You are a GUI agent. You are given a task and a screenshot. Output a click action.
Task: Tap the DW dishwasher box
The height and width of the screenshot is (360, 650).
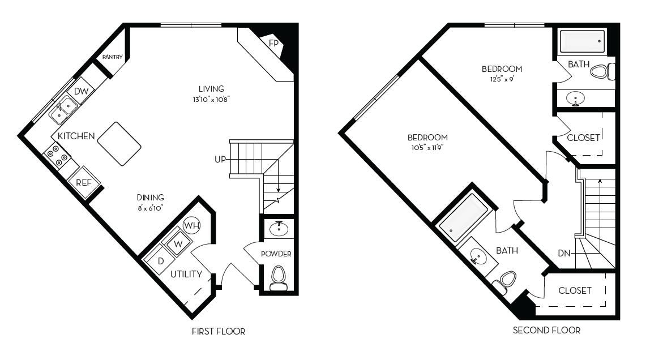81,92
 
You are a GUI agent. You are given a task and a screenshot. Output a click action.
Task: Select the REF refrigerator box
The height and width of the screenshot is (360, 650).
84,182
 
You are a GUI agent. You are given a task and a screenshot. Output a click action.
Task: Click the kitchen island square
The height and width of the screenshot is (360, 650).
119,144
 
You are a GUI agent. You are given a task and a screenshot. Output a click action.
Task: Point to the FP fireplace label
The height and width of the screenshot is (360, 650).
273,44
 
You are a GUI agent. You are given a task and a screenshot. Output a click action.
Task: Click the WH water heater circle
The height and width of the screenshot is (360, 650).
194,226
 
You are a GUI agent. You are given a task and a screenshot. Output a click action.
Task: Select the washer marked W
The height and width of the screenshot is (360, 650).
177,243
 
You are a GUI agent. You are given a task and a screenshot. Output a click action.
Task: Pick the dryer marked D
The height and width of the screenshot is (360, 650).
160,261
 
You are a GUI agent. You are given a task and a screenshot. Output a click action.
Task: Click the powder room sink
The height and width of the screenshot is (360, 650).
278,229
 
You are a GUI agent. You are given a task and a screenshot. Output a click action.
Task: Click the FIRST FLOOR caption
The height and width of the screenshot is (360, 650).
219,332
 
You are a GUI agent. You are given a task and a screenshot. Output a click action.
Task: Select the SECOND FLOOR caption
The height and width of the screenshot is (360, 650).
546,330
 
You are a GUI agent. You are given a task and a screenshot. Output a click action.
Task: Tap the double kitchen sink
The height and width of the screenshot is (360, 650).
63,109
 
